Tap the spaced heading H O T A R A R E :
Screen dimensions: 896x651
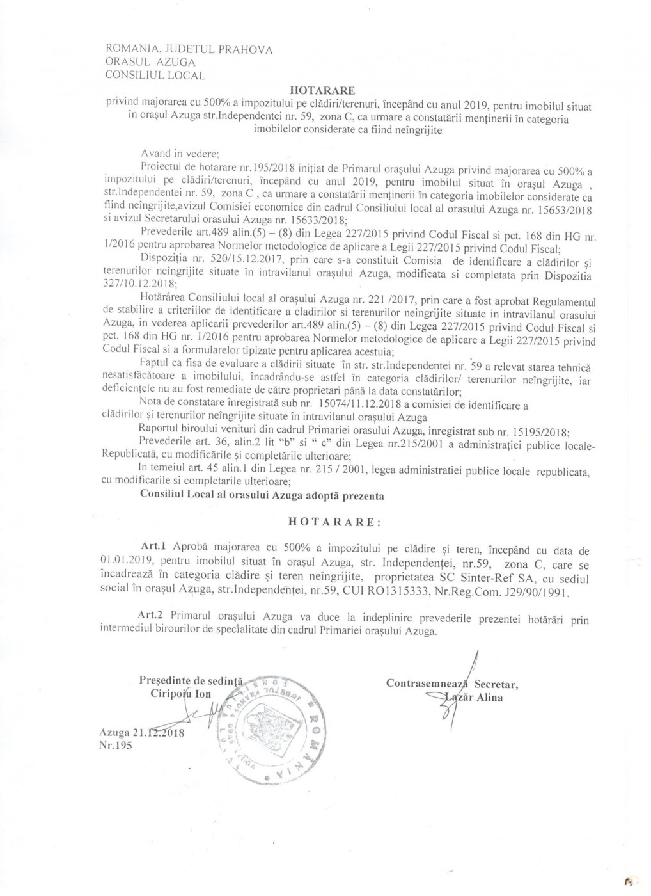click(334, 522)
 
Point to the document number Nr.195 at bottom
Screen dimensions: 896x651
click(116, 746)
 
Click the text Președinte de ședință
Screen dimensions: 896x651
click(185, 680)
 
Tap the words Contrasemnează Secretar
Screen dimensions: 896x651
click(451, 683)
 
